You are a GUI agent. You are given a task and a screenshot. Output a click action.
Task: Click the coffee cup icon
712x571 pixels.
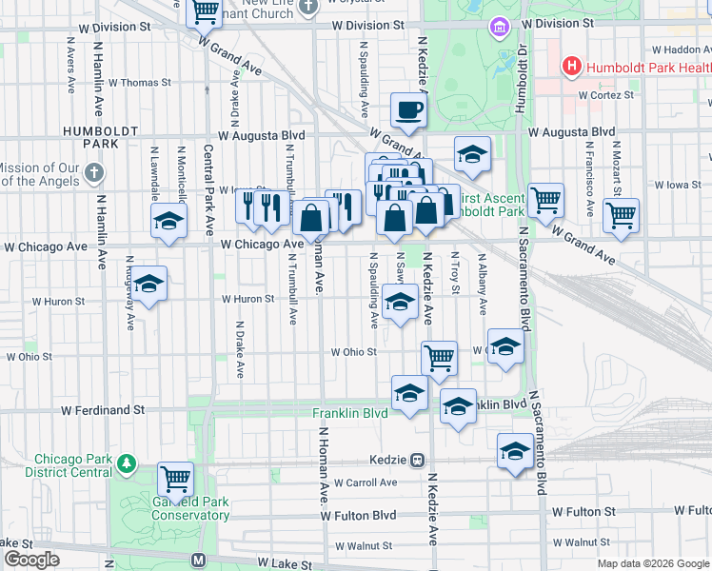pyautogui.click(x=409, y=109)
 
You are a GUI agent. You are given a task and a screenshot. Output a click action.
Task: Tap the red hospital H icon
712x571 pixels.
pyautogui.click(x=572, y=67)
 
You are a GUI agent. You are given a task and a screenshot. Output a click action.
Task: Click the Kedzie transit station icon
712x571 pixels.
pyautogui.click(x=417, y=461)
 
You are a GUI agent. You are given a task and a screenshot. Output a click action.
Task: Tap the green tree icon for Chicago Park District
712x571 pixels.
pyautogui.click(x=126, y=465)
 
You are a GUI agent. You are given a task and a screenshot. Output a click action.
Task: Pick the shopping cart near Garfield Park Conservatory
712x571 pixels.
pyautogui.click(x=175, y=479)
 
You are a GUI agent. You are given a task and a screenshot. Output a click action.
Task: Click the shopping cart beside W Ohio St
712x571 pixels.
pyautogui.click(x=439, y=358)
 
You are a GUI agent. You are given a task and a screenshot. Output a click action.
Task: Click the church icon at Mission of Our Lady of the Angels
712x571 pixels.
pyautogui.click(x=92, y=172)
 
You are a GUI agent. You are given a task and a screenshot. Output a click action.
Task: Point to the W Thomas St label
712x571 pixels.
pyautogui.click(x=139, y=83)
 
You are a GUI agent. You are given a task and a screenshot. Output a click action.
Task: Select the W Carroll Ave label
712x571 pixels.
pyautogui.click(x=366, y=482)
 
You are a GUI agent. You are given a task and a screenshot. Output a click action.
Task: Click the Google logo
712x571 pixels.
pyautogui.click(x=31, y=560)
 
